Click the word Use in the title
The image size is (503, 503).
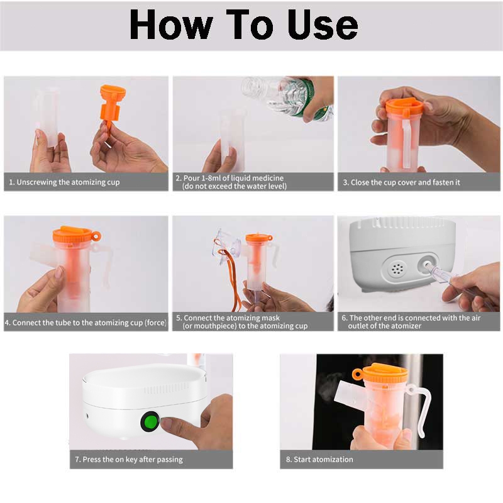click(323, 25)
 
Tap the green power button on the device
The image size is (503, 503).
click(150, 421)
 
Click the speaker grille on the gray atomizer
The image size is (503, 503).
click(397, 269)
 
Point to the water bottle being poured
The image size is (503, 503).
click(287, 98)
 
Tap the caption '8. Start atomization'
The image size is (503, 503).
click(319, 460)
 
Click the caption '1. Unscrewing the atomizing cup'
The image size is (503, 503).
click(64, 182)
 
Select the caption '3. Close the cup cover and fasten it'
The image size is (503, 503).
click(401, 182)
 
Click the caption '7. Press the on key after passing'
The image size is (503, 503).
click(129, 460)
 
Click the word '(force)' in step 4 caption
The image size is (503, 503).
click(155, 323)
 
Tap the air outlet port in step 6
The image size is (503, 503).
click(428, 265)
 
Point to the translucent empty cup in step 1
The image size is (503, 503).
click(47, 118)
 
